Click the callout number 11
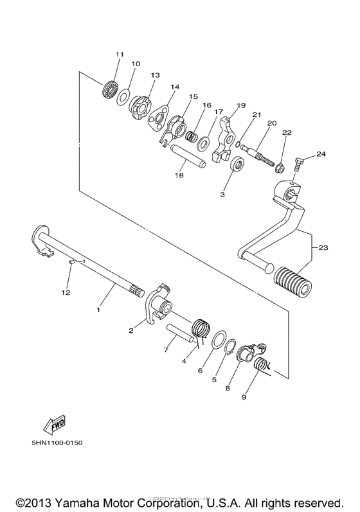click(x=118, y=55)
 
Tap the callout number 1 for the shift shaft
click(x=98, y=310)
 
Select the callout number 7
click(x=166, y=350)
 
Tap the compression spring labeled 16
click(x=190, y=136)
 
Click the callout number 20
click(x=272, y=123)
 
